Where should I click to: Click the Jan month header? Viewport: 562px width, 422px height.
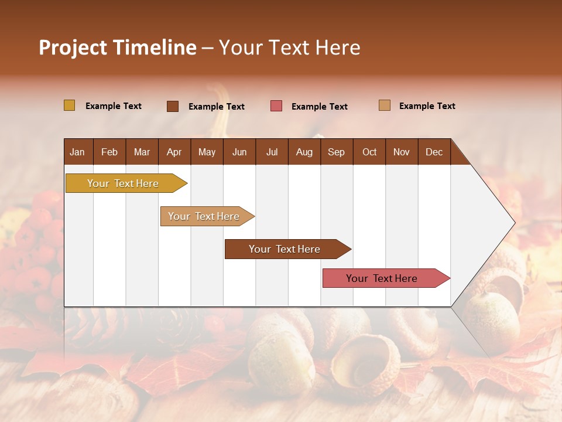click(x=77, y=152)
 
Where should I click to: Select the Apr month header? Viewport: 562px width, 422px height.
click(x=174, y=152)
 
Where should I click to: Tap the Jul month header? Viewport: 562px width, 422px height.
click(x=272, y=152)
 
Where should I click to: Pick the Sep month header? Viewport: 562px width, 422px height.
click(x=336, y=152)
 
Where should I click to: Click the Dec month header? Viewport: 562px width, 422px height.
click(x=434, y=152)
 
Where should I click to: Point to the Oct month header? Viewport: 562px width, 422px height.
click(x=369, y=152)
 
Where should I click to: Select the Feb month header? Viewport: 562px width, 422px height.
click(x=109, y=152)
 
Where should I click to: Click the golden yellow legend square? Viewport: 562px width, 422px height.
click(x=70, y=105)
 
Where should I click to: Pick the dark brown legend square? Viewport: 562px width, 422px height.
click(x=173, y=106)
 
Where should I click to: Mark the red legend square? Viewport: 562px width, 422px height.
click(x=276, y=106)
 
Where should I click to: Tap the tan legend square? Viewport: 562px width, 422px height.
click(x=384, y=105)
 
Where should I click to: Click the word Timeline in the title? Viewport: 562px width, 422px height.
click(x=155, y=47)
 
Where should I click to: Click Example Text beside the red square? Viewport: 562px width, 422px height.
click(x=319, y=107)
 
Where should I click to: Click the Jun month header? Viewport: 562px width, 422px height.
click(x=239, y=152)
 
